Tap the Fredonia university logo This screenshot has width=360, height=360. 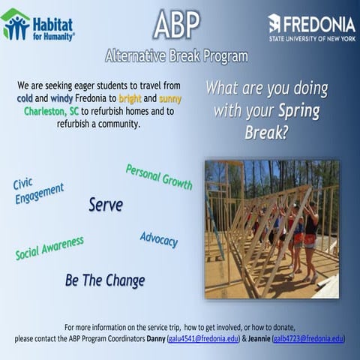tap(311, 27)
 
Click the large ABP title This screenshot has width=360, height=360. tap(177, 25)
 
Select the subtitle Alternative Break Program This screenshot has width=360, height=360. tap(177, 56)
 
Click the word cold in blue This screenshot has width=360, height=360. tap(27, 99)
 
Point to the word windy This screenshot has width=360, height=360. tap(65, 99)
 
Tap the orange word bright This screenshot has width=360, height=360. tap(135, 99)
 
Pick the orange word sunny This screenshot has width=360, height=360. tap(170, 99)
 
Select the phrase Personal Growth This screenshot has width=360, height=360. tap(159, 177)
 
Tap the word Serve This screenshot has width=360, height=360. tap(106, 204)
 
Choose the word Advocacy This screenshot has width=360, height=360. tap(159, 240)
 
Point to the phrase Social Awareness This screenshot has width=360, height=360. tap(49, 248)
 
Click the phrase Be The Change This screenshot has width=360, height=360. tap(105, 280)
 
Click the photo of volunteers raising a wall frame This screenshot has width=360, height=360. tap(271, 228)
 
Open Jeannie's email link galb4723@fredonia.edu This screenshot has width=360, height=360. tap(308, 339)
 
